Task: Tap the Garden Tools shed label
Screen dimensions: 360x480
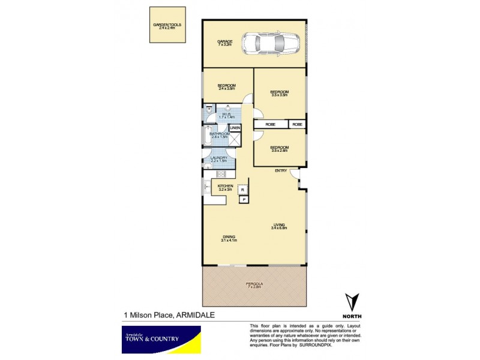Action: [167, 26]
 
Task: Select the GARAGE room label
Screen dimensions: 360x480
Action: [225, 43]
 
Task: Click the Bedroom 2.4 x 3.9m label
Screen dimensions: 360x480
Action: [226, 86]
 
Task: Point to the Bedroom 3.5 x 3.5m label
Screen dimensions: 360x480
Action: [280, 93]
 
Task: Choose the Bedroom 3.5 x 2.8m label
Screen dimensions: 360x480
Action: [280, 149]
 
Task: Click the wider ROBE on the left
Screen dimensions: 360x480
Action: [271, 124]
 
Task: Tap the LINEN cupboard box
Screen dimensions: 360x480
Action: [235, 128]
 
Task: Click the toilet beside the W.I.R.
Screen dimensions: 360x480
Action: [208, 111]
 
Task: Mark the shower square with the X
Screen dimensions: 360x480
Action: [236, 139]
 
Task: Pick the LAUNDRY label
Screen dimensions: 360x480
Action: [219, 159]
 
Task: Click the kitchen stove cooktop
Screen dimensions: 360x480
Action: [220, 174]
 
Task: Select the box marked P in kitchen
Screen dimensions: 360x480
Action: [244, 200]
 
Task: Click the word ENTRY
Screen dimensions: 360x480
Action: [281, 171]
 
